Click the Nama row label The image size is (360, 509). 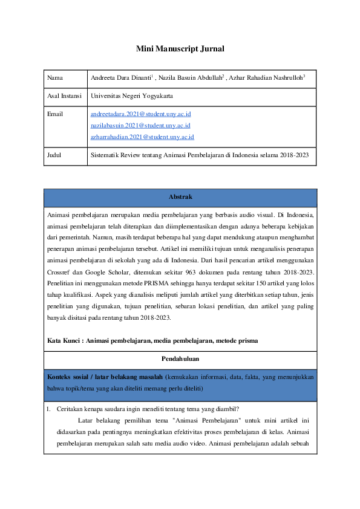click(x=54, y=78)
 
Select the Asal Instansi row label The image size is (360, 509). click(x=64, y=96)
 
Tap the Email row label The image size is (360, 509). click(x=55, y=113)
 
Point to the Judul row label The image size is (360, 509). click(x=55, y=155)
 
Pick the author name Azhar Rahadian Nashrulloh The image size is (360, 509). click(x=267, y=78)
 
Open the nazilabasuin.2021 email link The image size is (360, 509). click(x=140, y=125)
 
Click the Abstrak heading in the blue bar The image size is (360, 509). click(x=180, y=196)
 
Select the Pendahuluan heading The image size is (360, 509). click(x=180, y=359)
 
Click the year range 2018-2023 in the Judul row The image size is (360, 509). click(x=293, y=155)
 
